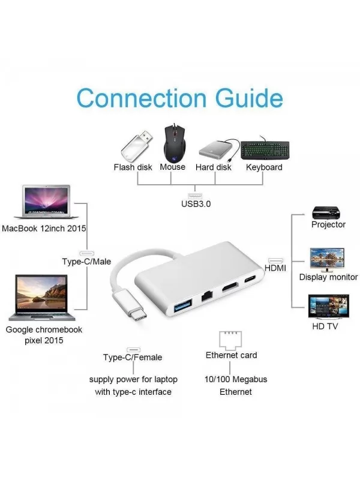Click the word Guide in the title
[249, 98]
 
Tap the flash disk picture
[136, 146]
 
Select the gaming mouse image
[175, 143]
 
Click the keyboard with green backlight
[265, 149]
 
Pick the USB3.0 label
[196, 204]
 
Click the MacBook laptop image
[46, 202]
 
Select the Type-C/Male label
[86, 262]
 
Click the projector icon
[326, 212]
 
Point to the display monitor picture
[327, 260]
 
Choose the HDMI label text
[275, 268]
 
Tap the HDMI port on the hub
[230, 287]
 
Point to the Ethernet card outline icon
[230, 341]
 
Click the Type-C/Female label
[133, 357]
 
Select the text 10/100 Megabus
[236, 379]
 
